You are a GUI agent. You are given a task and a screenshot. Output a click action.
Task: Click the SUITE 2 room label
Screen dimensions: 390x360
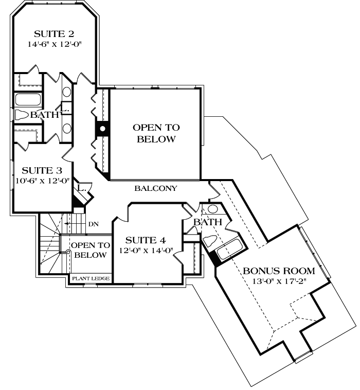(54, 34)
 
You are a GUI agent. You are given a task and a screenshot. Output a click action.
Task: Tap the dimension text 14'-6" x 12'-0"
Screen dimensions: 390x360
(54, 44)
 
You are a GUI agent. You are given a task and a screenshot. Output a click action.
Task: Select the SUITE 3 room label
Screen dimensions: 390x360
(44, 170)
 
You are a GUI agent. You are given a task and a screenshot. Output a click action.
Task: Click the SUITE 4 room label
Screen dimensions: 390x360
(145, 240)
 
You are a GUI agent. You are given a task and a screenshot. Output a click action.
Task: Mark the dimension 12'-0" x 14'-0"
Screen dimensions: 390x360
(146, 251)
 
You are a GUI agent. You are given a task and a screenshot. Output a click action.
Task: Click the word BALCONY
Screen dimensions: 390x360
(156, 189)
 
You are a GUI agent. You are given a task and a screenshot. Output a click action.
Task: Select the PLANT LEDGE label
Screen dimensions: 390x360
(91, 279)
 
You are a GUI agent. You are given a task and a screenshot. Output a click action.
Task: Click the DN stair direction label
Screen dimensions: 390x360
(93, 224)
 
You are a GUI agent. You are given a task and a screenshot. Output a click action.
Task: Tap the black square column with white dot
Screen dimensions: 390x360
(102, 129)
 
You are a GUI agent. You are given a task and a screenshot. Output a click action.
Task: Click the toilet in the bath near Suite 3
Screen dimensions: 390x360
(22, 115)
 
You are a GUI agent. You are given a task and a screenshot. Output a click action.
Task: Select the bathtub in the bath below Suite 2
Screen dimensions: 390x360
(25, 99)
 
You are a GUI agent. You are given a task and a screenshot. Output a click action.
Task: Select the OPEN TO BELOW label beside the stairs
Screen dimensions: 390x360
(90, 250)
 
